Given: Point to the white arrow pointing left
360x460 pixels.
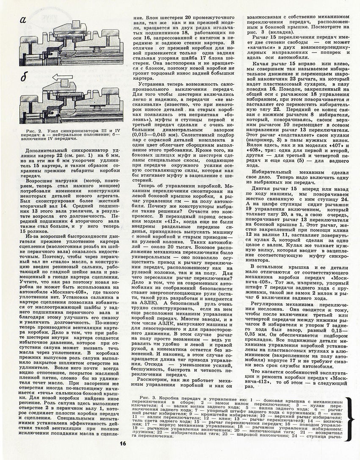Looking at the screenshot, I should click(x=63, y=78).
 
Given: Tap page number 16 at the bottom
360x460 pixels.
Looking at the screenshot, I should click(x=123, y=443).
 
